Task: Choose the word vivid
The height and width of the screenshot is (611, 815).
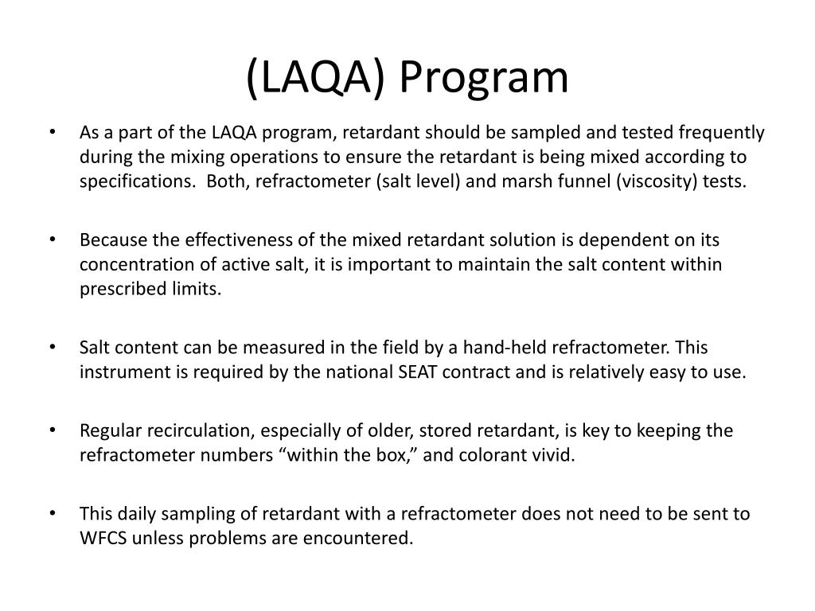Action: (x=554, y=455)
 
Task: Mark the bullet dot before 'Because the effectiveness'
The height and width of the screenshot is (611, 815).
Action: (x=53, y=239)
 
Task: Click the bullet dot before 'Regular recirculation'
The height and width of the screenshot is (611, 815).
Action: (x=53, y=430)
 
